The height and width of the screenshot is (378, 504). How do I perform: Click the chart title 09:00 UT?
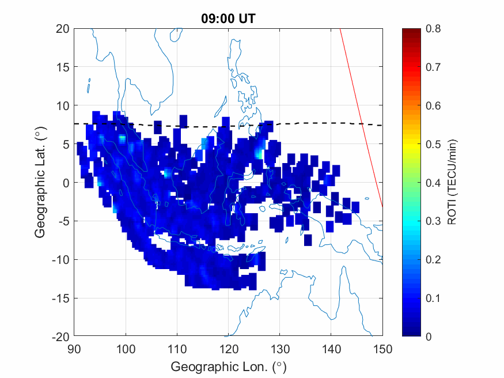click(228, 18)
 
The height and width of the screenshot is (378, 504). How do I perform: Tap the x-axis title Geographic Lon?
click(228, 366)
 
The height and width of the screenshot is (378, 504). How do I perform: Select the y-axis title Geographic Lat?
click(40, 183)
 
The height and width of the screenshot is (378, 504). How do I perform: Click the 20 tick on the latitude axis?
click(63, 28)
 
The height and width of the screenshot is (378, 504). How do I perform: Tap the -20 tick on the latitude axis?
click(60, 337)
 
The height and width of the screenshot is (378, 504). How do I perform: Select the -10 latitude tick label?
click(60, 259)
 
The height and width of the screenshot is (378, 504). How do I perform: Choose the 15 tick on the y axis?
click(63, 67)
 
